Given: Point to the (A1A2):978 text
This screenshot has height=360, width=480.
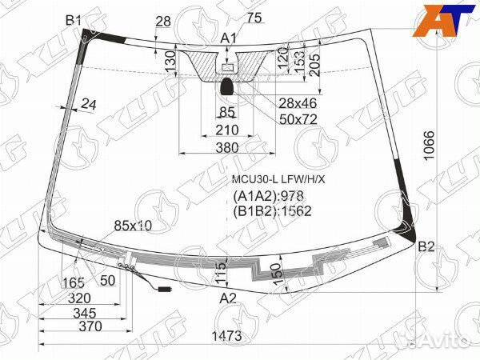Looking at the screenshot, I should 270,196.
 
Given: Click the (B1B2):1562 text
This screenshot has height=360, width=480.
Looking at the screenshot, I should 272,211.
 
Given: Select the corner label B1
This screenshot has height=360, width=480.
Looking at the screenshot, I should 74,19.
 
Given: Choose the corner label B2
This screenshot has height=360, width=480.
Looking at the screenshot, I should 426,246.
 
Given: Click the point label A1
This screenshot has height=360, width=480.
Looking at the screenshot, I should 229,38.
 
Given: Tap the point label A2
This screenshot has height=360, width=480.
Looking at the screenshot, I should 229,298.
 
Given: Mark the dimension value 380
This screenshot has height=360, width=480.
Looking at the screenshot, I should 227,147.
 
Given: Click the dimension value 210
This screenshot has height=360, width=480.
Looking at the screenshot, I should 227,130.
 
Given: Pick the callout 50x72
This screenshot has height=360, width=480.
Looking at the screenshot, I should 276,118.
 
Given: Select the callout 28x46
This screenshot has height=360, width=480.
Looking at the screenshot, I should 275,103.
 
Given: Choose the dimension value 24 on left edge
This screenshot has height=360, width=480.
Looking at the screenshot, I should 88,103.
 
